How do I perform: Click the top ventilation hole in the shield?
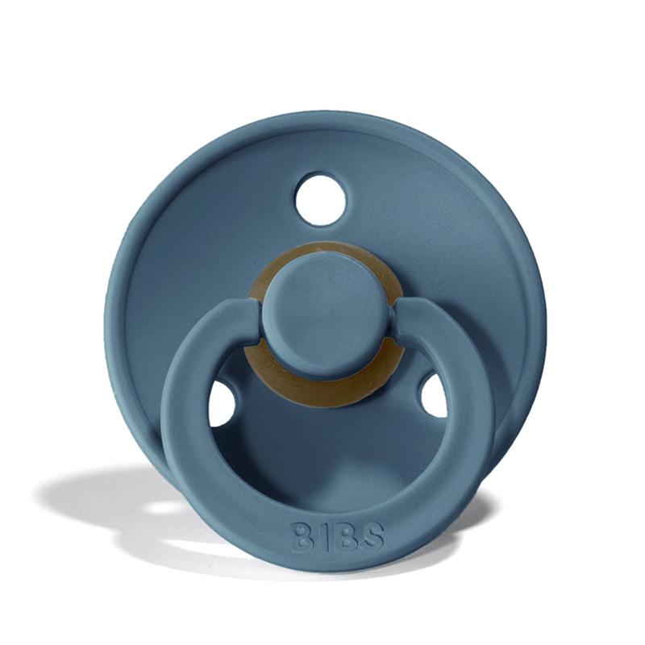320,199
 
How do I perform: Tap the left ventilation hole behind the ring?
222,402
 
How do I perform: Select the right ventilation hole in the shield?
433,396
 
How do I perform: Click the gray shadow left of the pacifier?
97,492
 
